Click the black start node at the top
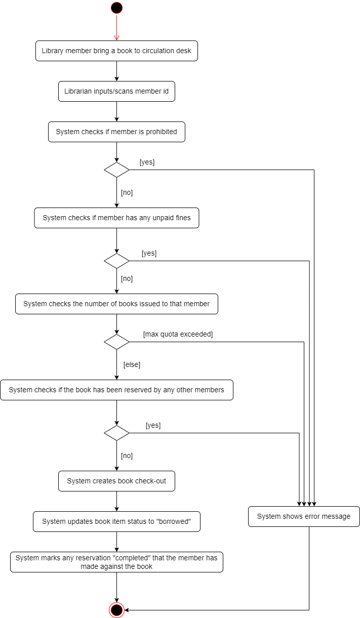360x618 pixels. coord(116,8)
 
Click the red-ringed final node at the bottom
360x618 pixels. coord(116,610)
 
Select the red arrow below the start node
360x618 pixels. coord(116,27)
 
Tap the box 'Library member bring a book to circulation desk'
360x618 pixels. coord(116,51)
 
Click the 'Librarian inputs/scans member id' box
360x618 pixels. coord(116,92)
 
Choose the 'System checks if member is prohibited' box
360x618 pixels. coord(116,132)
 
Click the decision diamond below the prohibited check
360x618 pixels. coord(116,170)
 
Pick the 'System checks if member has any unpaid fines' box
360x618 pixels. coord(116,218)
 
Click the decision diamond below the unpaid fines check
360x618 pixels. coord(116,261)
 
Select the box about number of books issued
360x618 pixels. coord(116,304)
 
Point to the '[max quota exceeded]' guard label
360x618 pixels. coord(178,334)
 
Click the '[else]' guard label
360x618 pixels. coord(132,364)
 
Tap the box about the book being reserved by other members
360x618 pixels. coord(116,390)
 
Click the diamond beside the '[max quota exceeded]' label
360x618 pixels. coord(116,342)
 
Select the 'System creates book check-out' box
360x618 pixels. coord(116,481)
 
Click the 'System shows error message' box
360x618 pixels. coord(304,517)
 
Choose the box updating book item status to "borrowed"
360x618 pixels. coord(116,522)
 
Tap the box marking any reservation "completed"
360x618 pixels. coord(116,562)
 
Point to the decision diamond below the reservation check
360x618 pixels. coord(116,433)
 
